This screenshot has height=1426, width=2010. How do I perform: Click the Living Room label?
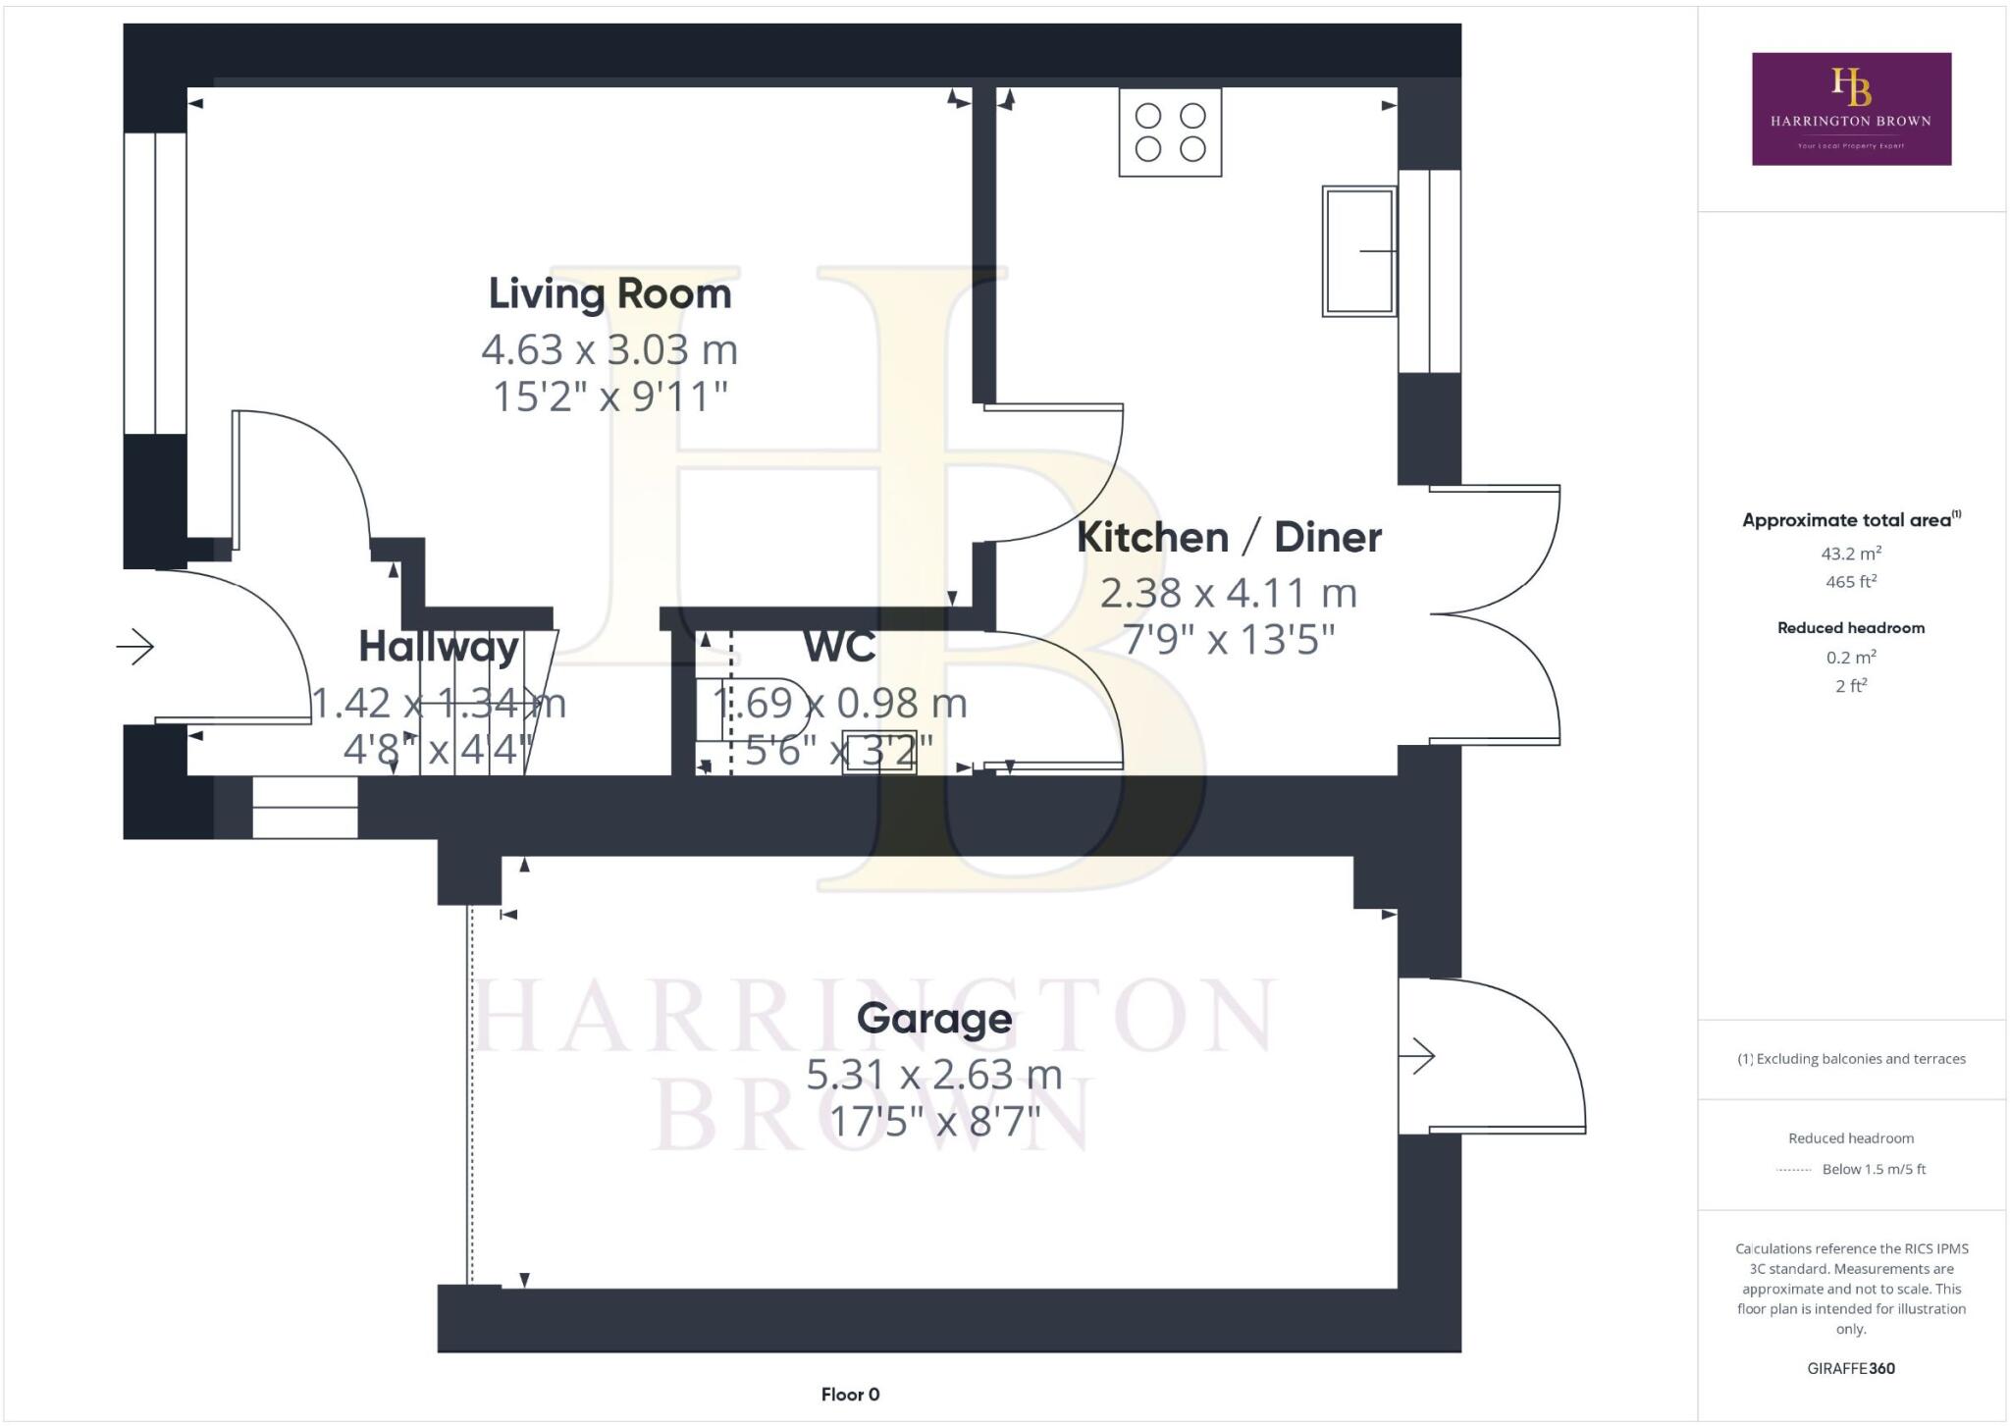pos(609,293)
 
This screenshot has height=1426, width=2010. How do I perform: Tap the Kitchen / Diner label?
pos(1229,537)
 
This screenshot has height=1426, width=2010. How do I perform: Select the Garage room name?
pos(933,1018)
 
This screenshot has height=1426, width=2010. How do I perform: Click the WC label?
pos(839,646)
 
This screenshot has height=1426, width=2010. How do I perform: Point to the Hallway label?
pos(439,646)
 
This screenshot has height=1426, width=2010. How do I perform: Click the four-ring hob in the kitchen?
pos(1170,132)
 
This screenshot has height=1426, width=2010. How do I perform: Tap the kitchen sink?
pos(1358,251)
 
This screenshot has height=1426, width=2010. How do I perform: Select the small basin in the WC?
pos(879,753)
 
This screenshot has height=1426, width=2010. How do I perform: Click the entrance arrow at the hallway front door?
pos(135,647)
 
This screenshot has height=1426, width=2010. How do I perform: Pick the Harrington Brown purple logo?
pos(1851,109)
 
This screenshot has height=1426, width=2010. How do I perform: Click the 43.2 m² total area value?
pos(1851,554)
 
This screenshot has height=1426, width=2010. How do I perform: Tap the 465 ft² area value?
pos(1851,582)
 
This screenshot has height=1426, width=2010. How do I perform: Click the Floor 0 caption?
pos(850,1395)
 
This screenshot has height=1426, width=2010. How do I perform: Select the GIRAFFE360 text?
pos(1851,1368)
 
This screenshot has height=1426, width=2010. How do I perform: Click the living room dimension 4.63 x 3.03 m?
pos(609,349)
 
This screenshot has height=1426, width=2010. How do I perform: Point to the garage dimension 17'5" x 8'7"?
pos(933,1121)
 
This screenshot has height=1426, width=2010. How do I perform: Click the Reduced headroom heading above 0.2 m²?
pos(1851,628)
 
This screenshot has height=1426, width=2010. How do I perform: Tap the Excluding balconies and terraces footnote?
pos(1851,1059)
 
